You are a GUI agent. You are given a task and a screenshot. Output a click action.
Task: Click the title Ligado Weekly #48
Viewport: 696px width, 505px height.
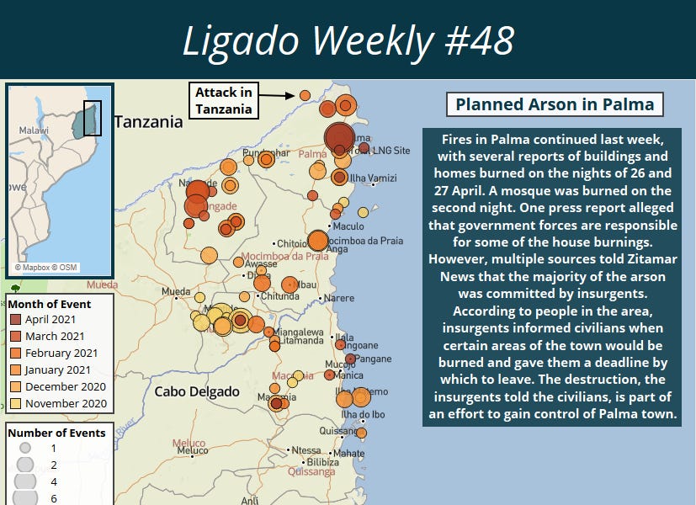348,40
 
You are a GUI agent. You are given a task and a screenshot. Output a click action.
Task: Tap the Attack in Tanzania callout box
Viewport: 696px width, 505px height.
223,100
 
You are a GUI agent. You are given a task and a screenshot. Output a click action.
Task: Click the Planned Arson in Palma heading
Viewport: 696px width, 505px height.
555,105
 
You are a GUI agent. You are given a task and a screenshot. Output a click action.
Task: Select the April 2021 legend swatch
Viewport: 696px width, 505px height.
16,321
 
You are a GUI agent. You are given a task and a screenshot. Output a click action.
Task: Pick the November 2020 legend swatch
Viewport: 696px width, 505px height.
16,403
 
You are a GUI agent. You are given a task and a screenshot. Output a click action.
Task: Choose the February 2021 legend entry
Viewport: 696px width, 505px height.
61,353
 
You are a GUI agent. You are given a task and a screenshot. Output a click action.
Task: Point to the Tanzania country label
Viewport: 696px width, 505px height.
148,122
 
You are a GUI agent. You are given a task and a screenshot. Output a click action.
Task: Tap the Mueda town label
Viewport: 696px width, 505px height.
176,293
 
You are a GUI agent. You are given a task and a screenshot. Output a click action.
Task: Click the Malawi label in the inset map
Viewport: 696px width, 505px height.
35,131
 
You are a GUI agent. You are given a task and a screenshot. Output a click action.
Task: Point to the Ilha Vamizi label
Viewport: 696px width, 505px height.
372,178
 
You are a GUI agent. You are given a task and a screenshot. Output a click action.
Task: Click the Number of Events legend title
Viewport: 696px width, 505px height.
57,433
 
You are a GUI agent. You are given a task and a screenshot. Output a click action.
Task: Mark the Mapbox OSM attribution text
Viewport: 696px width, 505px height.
47,268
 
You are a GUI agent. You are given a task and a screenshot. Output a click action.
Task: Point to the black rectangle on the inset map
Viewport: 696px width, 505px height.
93,118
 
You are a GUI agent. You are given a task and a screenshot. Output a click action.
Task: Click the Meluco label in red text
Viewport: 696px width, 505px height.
189,443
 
